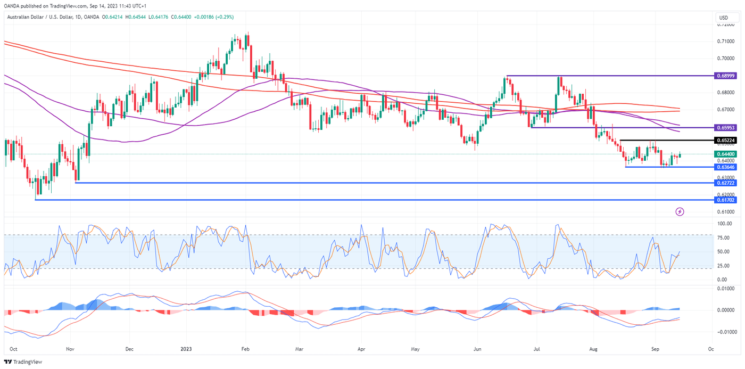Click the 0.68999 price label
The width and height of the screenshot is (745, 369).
[x=726, y=76]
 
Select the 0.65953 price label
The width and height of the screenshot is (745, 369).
[x=726, y=128]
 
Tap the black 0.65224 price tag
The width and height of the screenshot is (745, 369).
[x=726, y=140]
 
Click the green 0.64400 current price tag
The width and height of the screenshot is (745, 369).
[x=726, y=154]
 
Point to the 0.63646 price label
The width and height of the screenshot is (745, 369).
[x=726, y=167]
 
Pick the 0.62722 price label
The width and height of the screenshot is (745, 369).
[x=726, y=183]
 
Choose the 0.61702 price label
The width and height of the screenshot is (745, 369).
[x=726, y=200]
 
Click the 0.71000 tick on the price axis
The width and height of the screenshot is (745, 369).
[x=726, y=41]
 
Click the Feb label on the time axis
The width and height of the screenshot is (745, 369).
[x=245, y=350]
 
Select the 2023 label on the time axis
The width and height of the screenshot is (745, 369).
[x=186, y=350]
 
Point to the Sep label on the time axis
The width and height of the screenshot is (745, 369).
[x=655, y=350]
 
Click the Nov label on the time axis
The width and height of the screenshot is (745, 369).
[x=69, y=350]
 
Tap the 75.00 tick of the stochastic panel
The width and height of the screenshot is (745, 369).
[x=724, y=238]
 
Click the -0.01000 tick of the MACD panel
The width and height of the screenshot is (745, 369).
[x=725, y=332]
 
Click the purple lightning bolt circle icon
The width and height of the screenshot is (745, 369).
[x=680, y=211]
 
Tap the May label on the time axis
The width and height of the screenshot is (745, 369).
[x=416, y=350]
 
